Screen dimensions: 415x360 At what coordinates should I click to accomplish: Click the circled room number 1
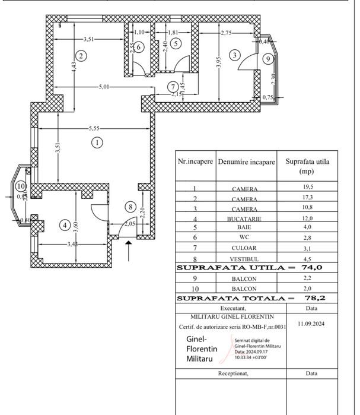pos(96,142)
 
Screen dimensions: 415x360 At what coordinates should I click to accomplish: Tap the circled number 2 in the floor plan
pos(82,56)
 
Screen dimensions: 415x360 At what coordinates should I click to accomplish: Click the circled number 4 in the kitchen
pos(65,225)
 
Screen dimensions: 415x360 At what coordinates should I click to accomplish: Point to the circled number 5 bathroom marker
pos(175,43)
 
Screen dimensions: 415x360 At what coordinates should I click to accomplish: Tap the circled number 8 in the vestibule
pos(130,207)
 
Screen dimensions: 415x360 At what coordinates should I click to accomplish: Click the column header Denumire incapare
pos(246,161)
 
